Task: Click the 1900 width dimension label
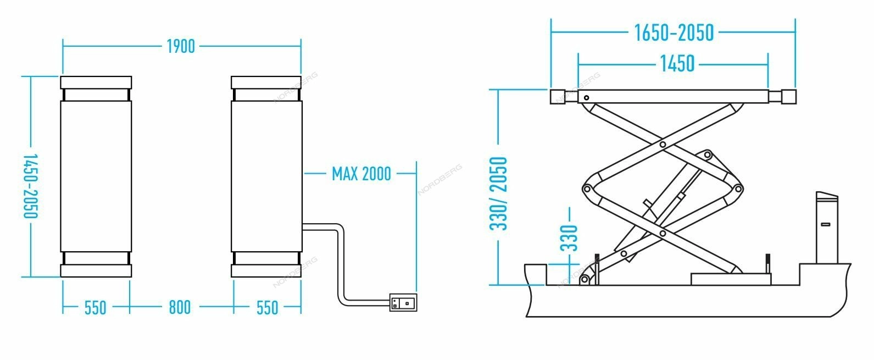tap(181, 47)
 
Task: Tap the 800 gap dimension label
tap(180, 307)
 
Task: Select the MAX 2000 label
tap(361, 174)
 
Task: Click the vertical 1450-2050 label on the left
tap(30, 186)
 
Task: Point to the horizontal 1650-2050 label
tap(674, 33)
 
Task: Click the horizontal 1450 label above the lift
tap(677, 64)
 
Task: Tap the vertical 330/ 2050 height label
tap(498, 193)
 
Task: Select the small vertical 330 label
tap(569, 238)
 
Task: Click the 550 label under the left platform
tap(95, 308)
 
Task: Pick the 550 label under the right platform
tap(268, 308)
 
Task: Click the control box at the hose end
tap(403, 302)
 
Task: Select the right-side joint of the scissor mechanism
tap(738, 189)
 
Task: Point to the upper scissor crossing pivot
tap(663, 145)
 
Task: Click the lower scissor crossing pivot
tap(663, 234)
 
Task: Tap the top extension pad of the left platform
tap(96, 82)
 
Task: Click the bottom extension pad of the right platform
tap(266, 270)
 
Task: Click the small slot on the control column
tap(826, 224)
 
